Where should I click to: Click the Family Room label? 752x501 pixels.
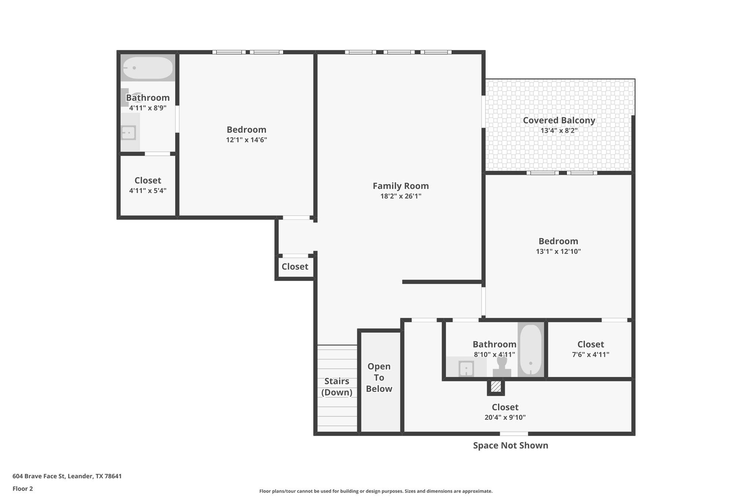401,186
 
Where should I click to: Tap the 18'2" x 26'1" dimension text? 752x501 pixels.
401,196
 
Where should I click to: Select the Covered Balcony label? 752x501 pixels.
559,120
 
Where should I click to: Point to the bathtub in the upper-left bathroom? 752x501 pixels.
148,68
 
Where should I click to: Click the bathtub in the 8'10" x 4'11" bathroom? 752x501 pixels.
531,350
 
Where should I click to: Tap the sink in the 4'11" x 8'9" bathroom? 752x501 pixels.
129,133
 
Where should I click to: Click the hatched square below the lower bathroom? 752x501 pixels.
496,387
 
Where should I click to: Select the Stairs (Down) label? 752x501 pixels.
337,387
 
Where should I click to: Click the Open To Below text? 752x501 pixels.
379,378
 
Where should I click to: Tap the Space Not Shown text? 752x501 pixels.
510,446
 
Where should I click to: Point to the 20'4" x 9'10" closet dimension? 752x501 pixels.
505,418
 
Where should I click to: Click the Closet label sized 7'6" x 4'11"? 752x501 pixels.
590,344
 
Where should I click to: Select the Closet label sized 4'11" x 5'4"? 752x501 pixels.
148,181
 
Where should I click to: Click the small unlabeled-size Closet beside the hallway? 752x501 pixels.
295,267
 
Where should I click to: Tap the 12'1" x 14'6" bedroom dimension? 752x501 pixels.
246,140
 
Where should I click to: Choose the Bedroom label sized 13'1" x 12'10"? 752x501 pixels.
558,242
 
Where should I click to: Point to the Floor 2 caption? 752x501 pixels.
23,489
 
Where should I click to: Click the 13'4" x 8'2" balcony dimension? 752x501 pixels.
559,131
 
